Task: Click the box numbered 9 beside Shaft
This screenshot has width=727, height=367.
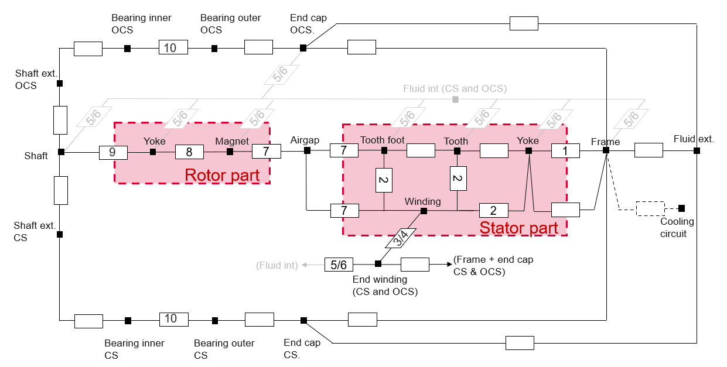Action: (x=113, y=152)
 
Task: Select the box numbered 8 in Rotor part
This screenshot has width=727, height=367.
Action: (x=189, y=152)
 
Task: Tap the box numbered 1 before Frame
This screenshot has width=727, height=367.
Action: (x=565, y=151)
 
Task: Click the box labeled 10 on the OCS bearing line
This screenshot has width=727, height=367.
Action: (x=173, y=47)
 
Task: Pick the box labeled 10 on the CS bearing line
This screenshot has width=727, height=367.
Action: (x=173, y=320)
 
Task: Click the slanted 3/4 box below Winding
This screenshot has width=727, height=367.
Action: (x=400, y=237)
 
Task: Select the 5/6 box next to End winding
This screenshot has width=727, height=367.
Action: (x=339, y=265)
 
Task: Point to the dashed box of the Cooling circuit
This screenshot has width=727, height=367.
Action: (x=650, y=208)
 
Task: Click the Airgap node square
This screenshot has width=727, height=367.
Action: (x=307, y=150)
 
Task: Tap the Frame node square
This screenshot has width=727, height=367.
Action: (x=606, y=150)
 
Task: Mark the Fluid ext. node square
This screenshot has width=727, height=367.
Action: (x=697, y=150)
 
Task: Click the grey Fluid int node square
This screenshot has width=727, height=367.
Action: (x=455, y=100)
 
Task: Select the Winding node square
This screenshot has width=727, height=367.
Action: (x=423, y=211)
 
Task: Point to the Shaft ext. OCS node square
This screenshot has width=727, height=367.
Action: (x=60, y=84)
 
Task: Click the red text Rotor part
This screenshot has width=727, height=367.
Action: (x=222, y=175)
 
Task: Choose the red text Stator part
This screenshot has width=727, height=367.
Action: (x=518, y=228)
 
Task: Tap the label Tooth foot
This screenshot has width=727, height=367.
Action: (x=382, y=140)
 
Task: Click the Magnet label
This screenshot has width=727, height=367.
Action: (x=232, y=141)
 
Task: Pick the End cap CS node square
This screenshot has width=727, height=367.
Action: (x=303, y=320)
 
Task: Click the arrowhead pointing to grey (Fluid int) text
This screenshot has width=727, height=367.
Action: (x=303, y=265)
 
